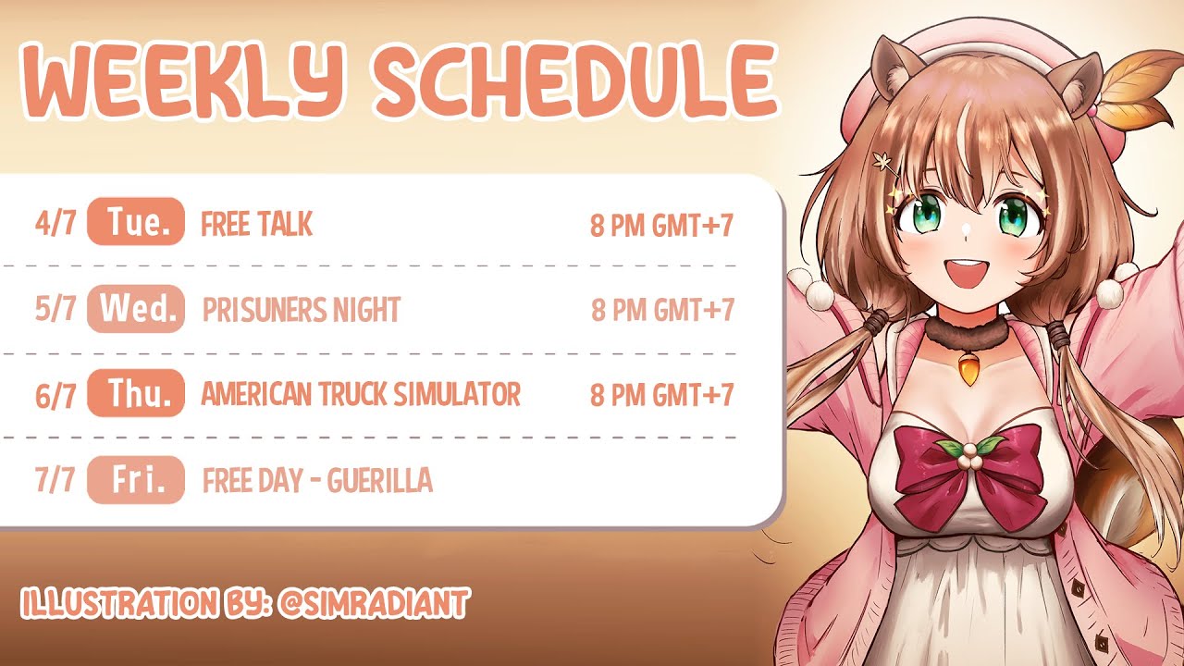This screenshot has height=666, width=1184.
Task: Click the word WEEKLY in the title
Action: click(x=184, y=80)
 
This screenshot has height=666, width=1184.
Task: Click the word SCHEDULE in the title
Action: click(x=576, y=80)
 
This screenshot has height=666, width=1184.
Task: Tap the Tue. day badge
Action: click(x=136, y=221)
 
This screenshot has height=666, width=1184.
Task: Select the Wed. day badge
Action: click(x=136, y=309)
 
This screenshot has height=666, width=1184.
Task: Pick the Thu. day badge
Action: click(x=136, y=393)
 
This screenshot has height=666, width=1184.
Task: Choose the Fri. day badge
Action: click(x=136, y=480)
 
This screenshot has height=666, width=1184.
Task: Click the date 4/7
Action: click(x=55, y=223)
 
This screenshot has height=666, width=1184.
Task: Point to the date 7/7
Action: click(x=55, y=480)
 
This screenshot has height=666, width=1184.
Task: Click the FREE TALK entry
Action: click(x=257, y=224)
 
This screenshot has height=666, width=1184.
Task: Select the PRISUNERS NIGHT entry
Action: click(x=302, y=309)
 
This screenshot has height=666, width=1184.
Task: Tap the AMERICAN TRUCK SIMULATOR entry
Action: click(x=361, y=394)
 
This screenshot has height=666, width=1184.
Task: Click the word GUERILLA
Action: click(x=379, y=480)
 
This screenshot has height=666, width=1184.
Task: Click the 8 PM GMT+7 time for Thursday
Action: click(x=661, y=394)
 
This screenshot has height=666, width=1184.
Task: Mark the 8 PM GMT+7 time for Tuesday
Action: click(x=661, y=225)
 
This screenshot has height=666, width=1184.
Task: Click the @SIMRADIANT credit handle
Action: click(x=373, y=603)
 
